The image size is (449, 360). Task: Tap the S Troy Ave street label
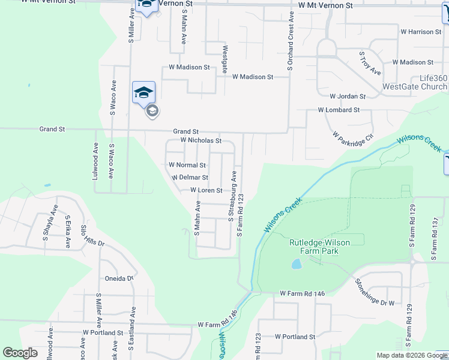370,63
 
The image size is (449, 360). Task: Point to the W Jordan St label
348,96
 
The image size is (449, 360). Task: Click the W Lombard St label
339,110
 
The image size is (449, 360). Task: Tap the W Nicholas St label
201,140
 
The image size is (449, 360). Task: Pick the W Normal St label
187,165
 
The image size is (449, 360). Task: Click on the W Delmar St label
190,178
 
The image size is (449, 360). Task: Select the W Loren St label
206,190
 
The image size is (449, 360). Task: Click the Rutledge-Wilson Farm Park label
319,247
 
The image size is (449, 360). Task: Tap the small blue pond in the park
296,264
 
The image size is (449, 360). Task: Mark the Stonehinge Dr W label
375,292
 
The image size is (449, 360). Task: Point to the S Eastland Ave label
131,329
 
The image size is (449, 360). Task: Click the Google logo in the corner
20,353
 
